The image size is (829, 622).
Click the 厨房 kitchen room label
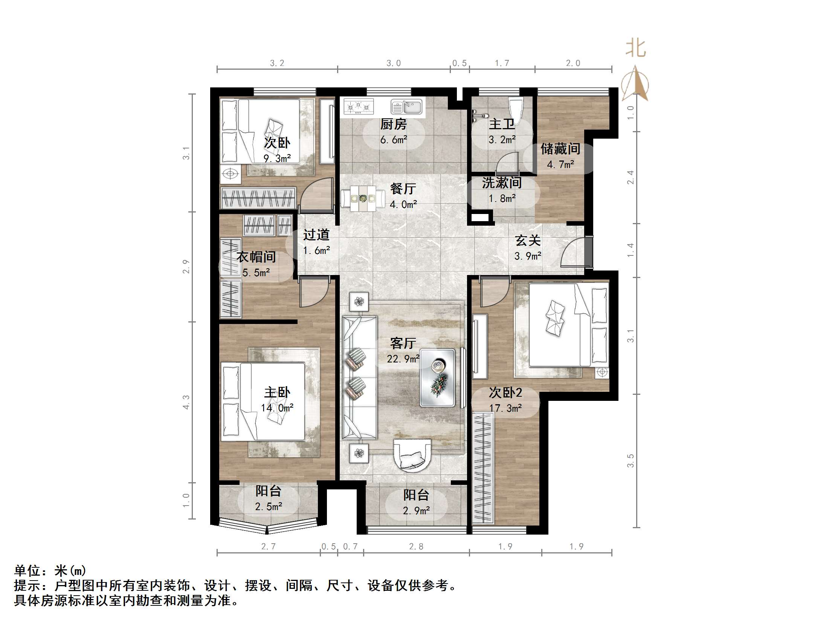coord(393,124)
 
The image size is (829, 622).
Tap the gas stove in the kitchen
coord(358,106)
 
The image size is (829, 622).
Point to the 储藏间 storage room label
coord(560,149)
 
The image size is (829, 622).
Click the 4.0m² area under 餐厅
coord(403,205)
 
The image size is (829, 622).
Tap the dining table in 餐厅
coord(363,198)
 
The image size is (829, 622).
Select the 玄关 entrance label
coord(528,240)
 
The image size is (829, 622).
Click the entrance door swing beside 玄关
coord(573,252)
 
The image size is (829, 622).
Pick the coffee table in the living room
coord(437,377)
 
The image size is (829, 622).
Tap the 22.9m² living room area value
coord(403,359)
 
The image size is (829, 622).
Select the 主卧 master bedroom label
coord(277,392)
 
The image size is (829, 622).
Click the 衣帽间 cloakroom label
coord(256,257)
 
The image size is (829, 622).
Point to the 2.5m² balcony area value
coord(268,507)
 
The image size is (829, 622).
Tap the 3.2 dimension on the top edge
coord(277,63)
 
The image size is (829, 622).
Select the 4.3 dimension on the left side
coord(186,402)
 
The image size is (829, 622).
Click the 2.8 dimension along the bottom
coord(416,546)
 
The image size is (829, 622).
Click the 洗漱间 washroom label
coord(502,183)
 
